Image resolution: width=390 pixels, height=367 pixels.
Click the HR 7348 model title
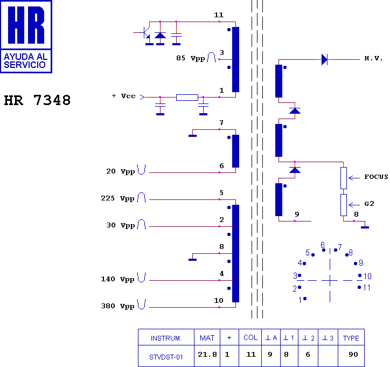pyautogui.click(x=37, y=100)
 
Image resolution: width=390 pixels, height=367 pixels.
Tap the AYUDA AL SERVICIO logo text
pyautogui.click(x=26, y=61)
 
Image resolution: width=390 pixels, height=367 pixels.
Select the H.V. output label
pyautogui.click(x=373, y=58)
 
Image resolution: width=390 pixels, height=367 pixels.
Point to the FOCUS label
pyautogui.click(x=376, y=177)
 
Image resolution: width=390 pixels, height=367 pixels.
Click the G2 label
pyautogui.click(x=370, y=204)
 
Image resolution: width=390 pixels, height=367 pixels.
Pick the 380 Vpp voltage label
pyautogui.click(x=117, y=306)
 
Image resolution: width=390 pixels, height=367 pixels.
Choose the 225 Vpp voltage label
pyautogui.click(x=117, y=198)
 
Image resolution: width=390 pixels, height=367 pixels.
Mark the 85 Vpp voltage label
pyautogui.click(x=191, y=58)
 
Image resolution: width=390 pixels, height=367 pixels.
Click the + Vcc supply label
pyautogui.click(x=123, y=96)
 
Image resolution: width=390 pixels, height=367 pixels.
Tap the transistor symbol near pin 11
pyautogui.click(x=145, y=33)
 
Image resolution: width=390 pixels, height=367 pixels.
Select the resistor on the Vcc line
pyautogui.click(x=187, y=98)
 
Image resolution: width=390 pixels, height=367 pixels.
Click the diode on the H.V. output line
pyautogui.click(x=324, y=60)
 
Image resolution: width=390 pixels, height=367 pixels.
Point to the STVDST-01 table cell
pyautogui.click(x=166, y=357)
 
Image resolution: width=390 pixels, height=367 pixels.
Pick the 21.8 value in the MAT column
pyautogui.click(x=207, y=354)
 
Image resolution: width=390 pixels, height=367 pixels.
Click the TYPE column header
pyautogui.click(x=351, y=338)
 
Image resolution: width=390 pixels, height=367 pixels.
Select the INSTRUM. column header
pyautogui.click(x=166, y=338)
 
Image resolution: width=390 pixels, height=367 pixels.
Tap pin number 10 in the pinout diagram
pyautogui.click(x=367, y=276)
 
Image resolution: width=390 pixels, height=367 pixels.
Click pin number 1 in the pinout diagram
pyautogui.click(x=300, y=300)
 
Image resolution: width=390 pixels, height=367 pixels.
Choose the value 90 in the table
pyautogui.click(x=353, y=354)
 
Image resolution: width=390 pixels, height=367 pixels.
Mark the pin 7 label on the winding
pyautogui.click(x=221, y=123)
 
